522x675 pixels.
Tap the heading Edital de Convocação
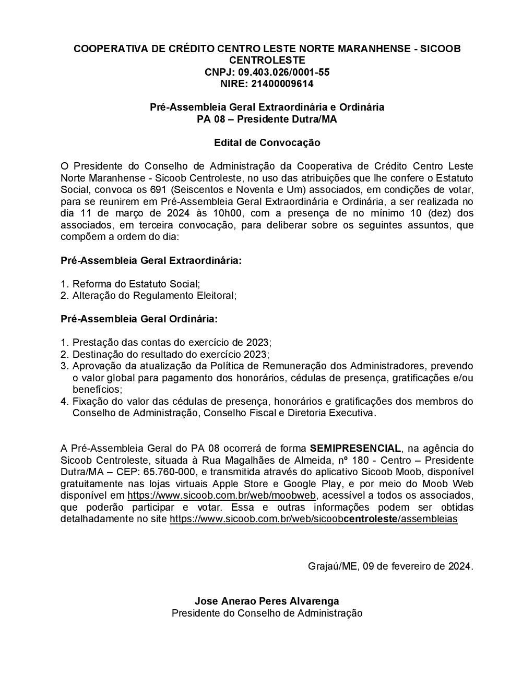(x=267, y=142)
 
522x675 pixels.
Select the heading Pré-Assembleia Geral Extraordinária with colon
(x=151, y=260)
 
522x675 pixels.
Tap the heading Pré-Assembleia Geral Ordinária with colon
(x=139, y=319)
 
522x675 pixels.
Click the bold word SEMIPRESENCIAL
(x=355, y=449)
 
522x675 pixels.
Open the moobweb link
(x=221, y=496)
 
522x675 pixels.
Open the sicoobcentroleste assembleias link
(x=313, y=519)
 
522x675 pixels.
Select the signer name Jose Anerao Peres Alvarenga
(x=267, y=601)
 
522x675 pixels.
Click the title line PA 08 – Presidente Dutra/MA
(x=267, y=119)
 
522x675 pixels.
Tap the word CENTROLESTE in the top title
(x=267, y=60)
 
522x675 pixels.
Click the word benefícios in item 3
(x=97, y=390)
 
